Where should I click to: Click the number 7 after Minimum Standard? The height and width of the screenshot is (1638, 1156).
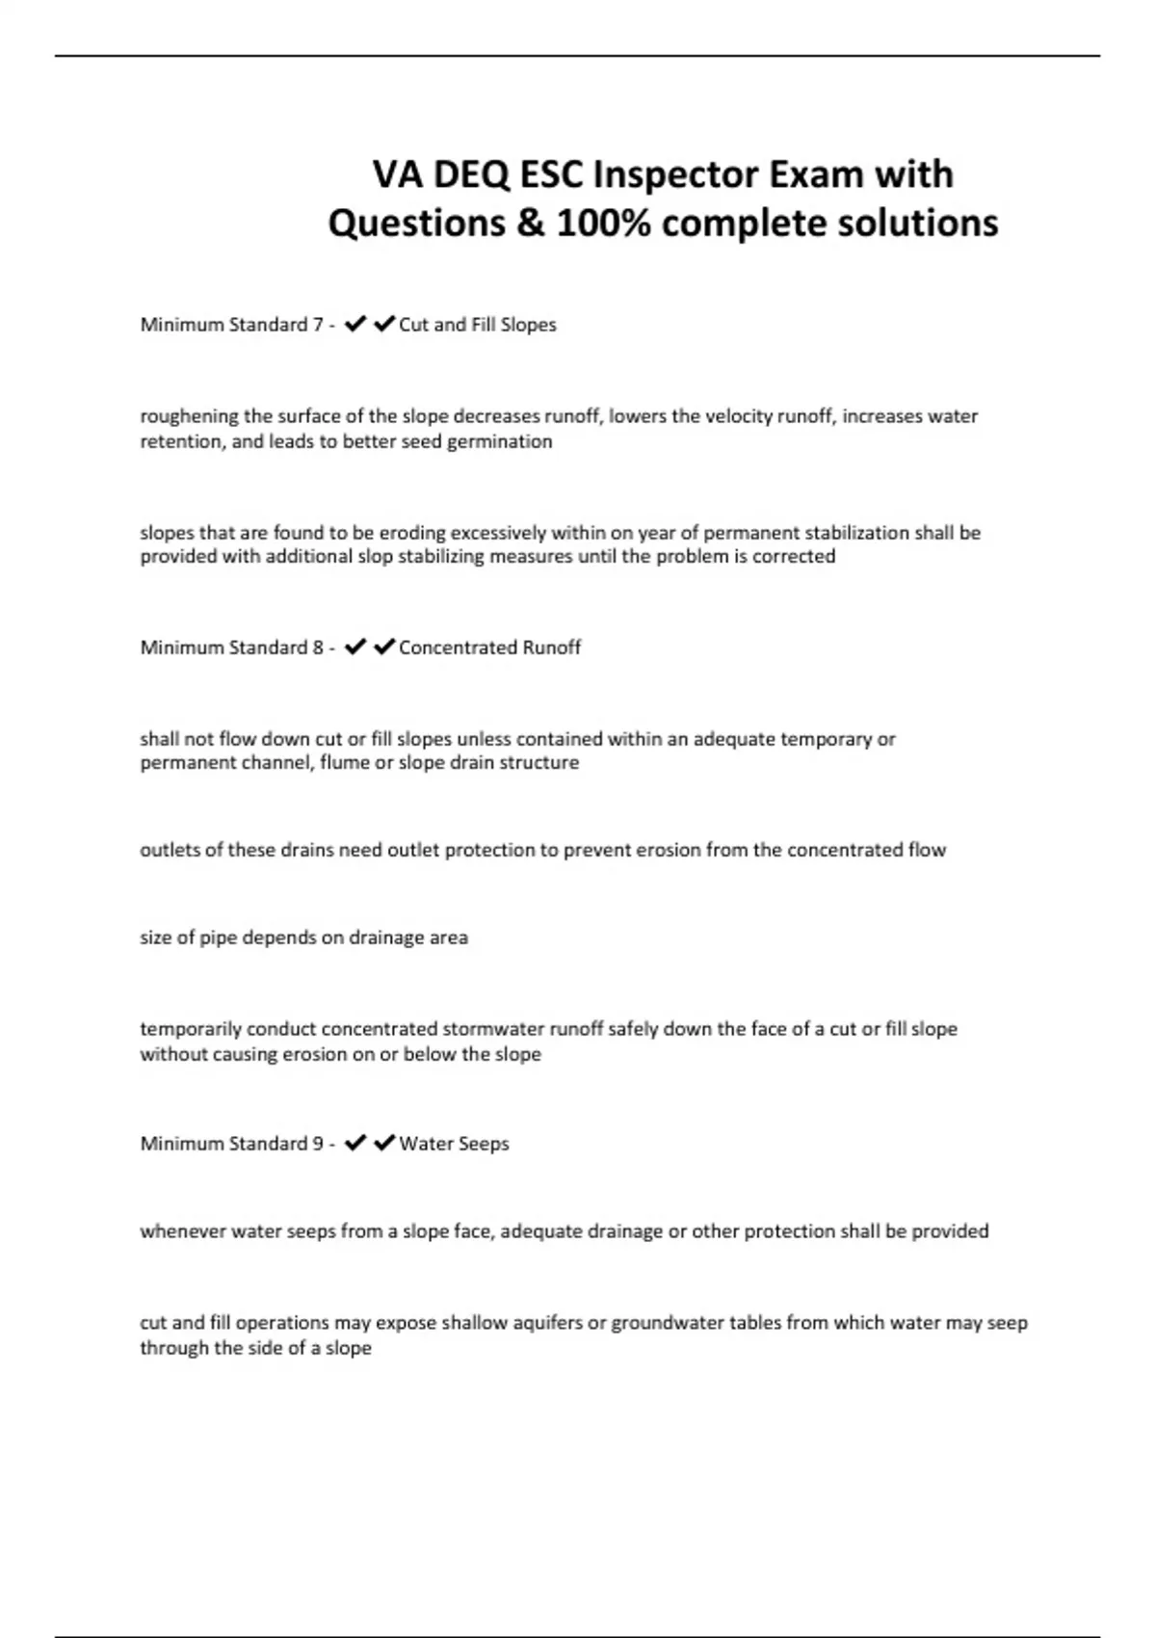pos(318,325)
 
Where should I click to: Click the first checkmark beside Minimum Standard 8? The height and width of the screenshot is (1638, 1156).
pos(355,647)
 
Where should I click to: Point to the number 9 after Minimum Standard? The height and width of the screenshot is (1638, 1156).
pos(318,1144)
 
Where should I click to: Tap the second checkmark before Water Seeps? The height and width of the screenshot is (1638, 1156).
pos(384,1144)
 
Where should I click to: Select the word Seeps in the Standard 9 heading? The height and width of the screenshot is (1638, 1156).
pos(482,1144)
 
